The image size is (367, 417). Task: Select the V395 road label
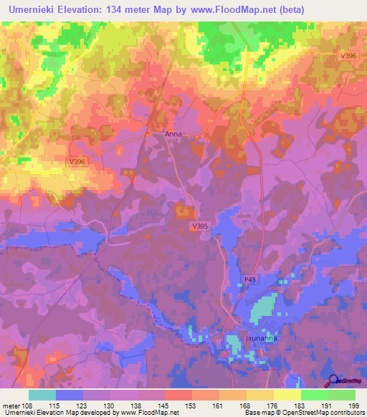(x=200, y=226)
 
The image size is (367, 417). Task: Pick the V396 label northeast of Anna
(x=348, y=55)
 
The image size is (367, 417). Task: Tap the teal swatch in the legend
(x=42, y=395)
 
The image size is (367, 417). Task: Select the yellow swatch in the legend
(x=287, y=395)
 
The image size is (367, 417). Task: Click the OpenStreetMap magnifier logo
(x=333, y=382)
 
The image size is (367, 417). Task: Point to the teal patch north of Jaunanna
(x=262, y=309)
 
